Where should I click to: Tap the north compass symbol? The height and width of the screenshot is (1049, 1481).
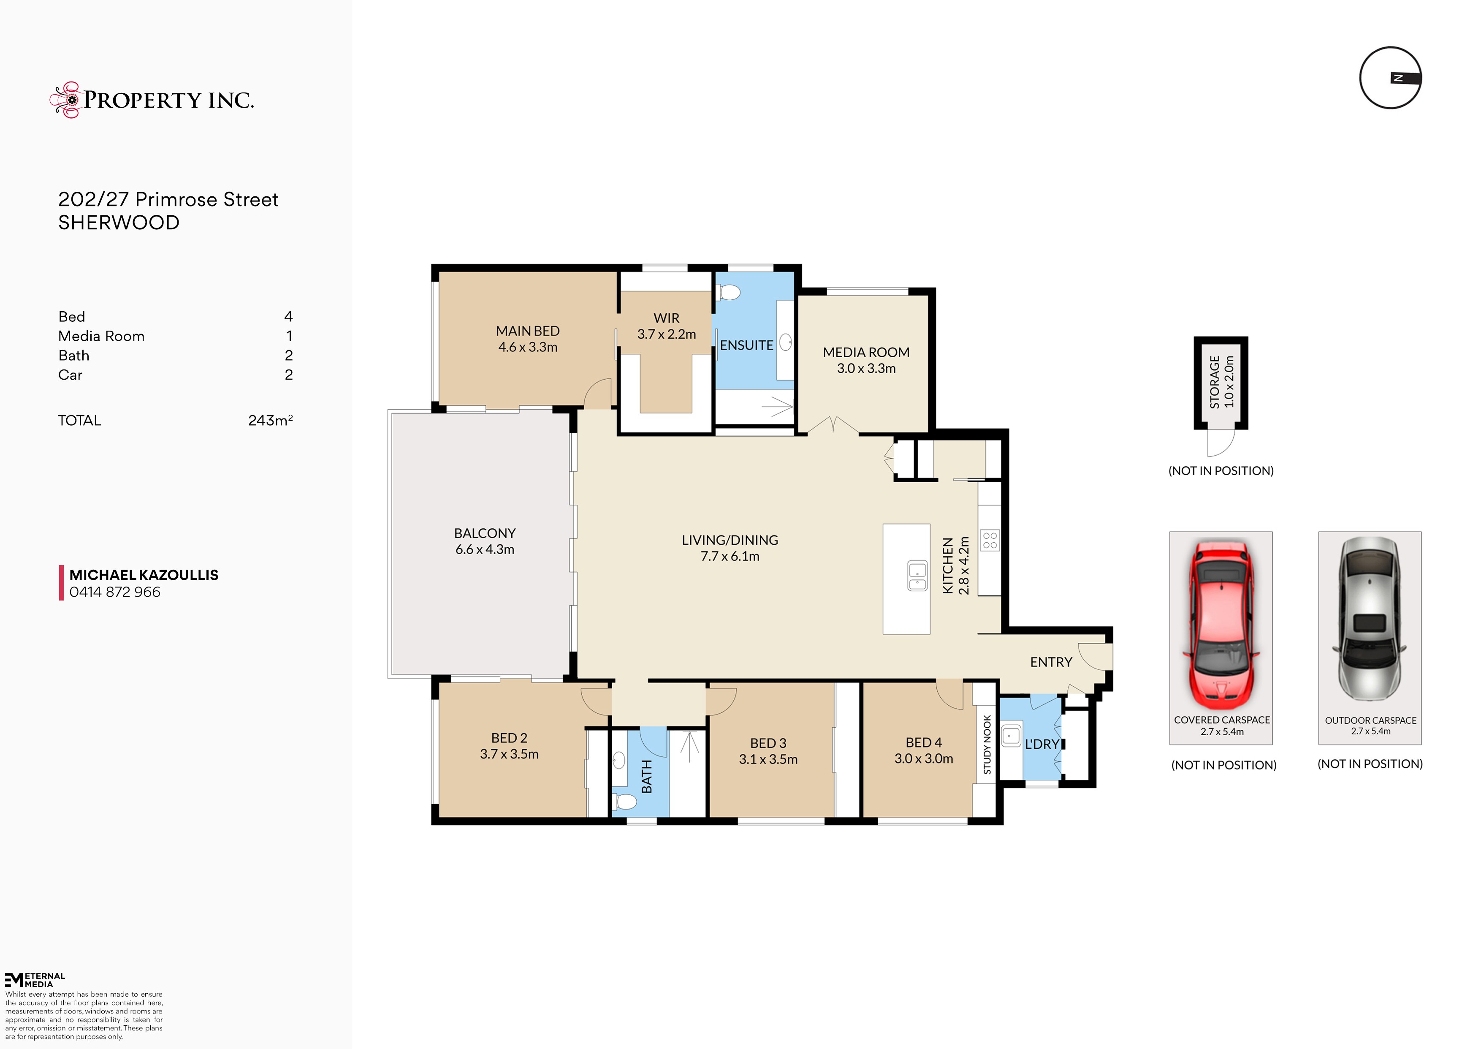(1391, 78)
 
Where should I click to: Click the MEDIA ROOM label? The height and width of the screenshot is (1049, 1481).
(866, 352)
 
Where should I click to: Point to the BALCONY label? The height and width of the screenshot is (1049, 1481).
(485, 533)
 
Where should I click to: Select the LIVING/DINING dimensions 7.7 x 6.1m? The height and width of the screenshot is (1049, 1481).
(730, 556)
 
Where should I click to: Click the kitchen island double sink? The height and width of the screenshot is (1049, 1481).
(917, 576)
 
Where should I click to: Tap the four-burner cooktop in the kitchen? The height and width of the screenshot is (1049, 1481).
(990, 541)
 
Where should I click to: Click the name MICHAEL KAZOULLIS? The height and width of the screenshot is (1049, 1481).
(144, 575)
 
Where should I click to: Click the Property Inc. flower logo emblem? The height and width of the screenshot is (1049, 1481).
(65, 100)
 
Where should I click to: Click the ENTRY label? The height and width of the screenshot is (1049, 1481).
(1051, 662)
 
